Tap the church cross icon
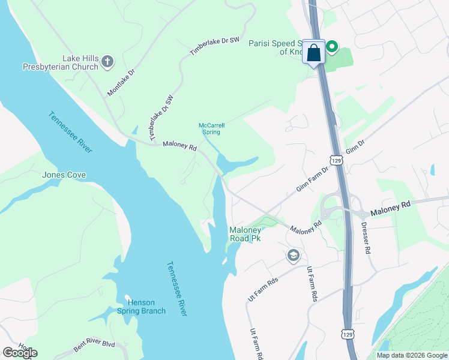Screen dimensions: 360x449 click(107, 61)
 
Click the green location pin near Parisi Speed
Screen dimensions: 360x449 click(331, 47)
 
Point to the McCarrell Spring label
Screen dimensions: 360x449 click(211, 128)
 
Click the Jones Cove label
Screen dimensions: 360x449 click(64, 175)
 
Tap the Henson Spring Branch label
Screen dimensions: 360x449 click(145, 307)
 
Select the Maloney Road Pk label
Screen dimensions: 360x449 click(246, 234)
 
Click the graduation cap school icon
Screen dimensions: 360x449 click(293, 255)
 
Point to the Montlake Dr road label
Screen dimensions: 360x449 click(121, 82)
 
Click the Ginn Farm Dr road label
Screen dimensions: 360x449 click(313, 179)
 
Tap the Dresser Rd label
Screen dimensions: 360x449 click(366, 238)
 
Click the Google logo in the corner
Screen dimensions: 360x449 click(20, 353)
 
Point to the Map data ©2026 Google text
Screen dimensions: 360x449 click(412, 355)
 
